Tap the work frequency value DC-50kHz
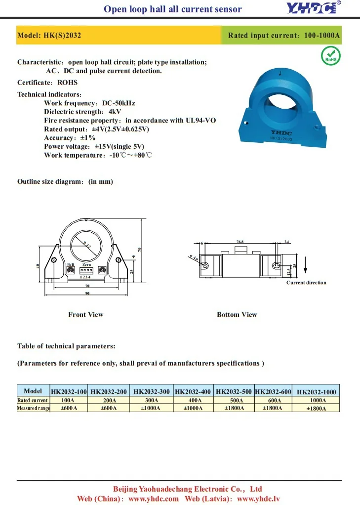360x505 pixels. tap(119, 103)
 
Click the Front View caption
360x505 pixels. tap(86, 314)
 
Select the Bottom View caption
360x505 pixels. tap(237, 314)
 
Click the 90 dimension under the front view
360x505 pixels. tap(87, 293)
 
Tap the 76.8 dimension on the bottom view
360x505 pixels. tap(240, 242)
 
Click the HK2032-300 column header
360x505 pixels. tap(152, 391)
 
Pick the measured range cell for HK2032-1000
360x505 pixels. tap(316, 409)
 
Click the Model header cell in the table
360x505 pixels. tap(33, 391)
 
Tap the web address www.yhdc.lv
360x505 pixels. tap(259, 499)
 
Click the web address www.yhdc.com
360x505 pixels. tap(154, 499)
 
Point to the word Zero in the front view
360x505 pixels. tap(86, 265)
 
